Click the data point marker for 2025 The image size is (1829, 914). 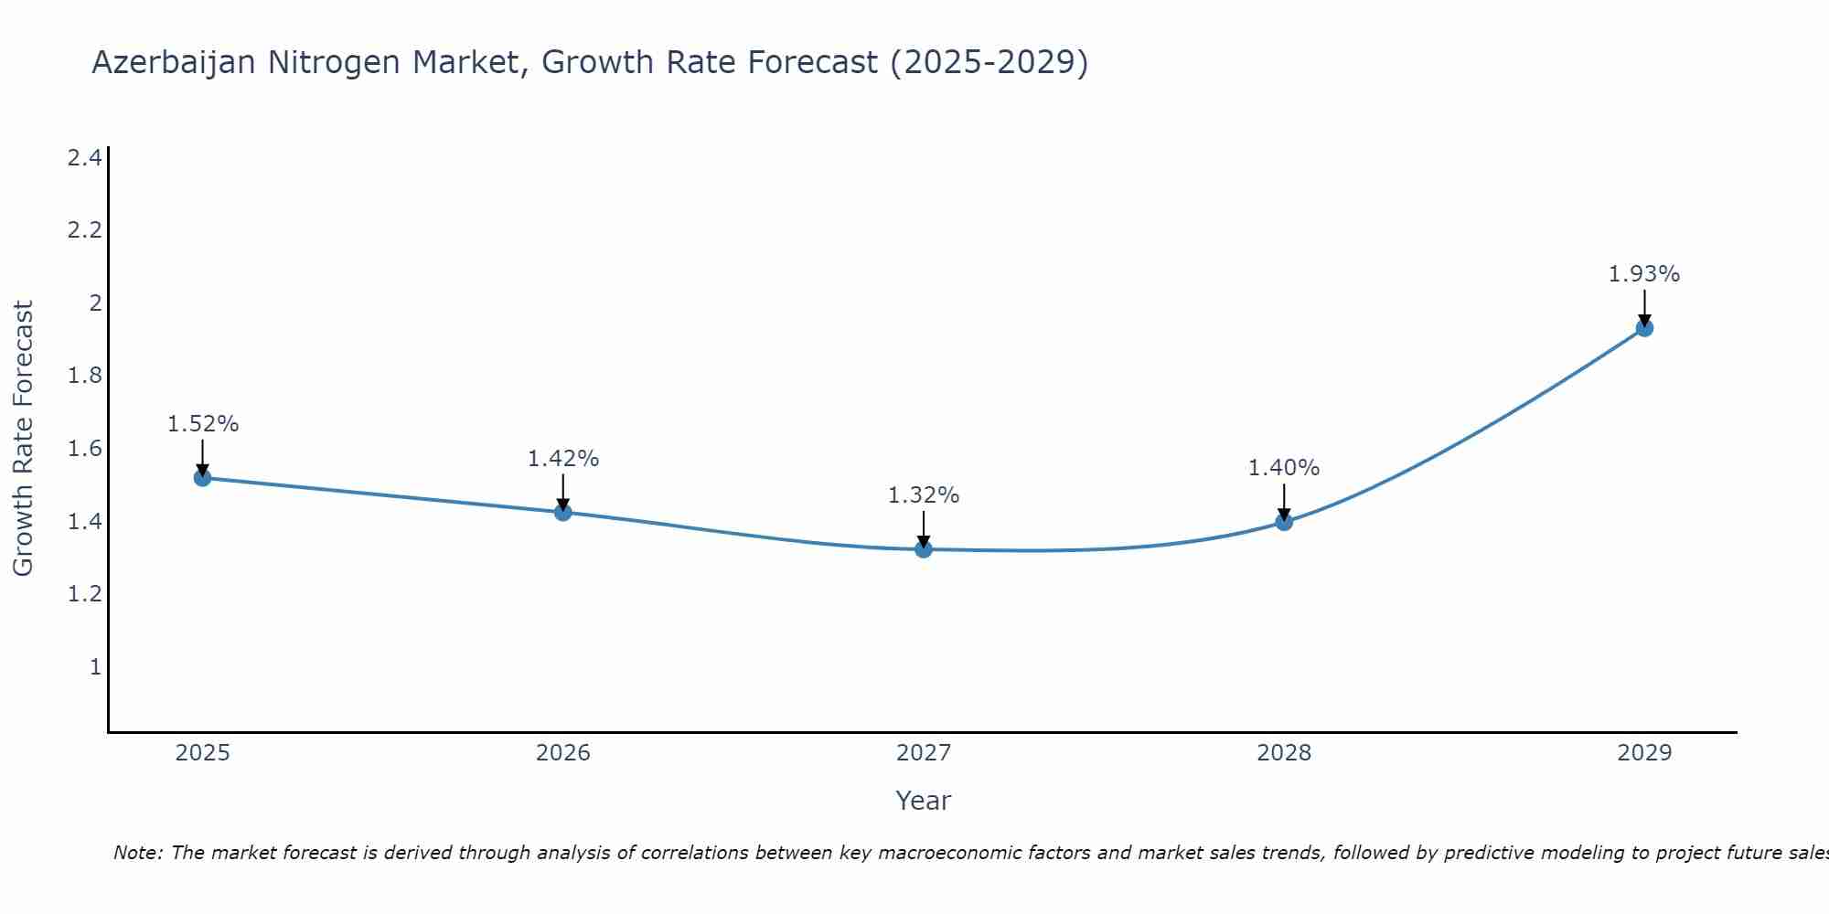(x=202, y=477)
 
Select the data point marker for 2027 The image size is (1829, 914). (x=924, y=549)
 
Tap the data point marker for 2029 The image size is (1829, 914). (x=1644, y=327)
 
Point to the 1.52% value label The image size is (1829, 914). (x=202, y=424)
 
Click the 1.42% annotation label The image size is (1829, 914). (x=562, y=459)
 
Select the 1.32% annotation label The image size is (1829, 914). (x=924, y=495)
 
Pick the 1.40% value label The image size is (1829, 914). (x=1284, y=468)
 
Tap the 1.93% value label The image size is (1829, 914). (x=1644, y=274)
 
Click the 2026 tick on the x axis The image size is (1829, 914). (x=562, y=753)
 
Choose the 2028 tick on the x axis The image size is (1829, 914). (x=1284, y=753)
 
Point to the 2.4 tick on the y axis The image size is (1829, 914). (x=84, y=158)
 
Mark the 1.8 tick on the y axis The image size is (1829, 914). (x=84, y=376)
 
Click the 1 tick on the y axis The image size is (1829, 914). (x=94, y=666)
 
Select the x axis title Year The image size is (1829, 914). (x=924, y=801)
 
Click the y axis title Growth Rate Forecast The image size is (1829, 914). (x=23, y=439)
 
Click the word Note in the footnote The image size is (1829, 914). (x=137, y=853)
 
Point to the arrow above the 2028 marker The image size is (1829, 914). (x=1284, y=501)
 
